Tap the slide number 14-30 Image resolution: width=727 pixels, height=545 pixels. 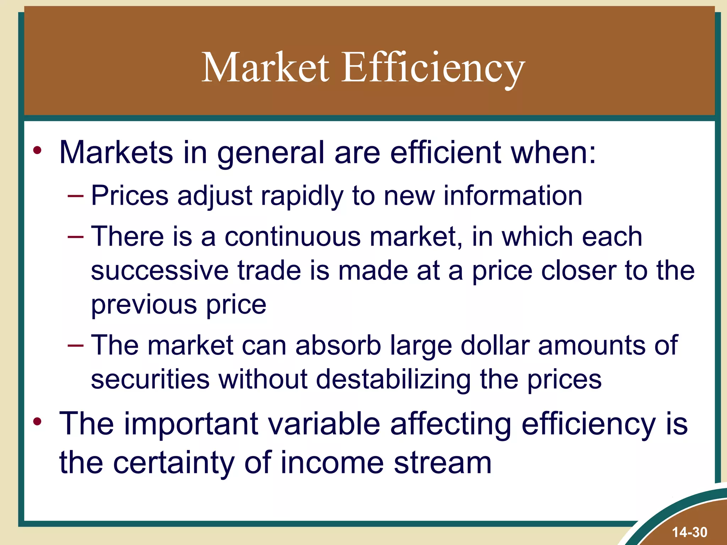tap(689, 532)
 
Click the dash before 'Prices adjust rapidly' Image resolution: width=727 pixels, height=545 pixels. tap(76, 196)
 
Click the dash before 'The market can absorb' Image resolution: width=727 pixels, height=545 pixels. tap(76, 345)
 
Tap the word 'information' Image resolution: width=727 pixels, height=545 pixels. tap(513, 196)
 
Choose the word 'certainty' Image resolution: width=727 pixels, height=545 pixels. tap(174, 463)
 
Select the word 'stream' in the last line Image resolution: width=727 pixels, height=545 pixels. tap(442, 463)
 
